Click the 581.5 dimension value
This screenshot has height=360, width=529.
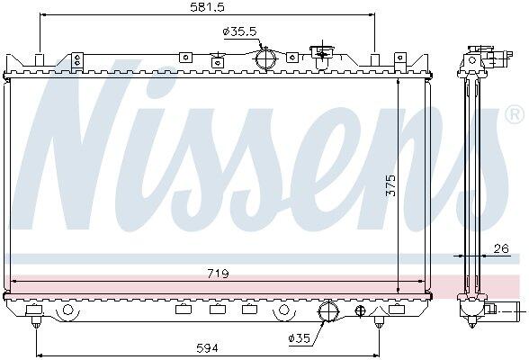tap(207, 7)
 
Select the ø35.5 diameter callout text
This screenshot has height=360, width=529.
tap(240, 31)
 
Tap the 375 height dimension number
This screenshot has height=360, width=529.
tap(390, 184)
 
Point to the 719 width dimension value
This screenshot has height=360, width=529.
tap(218, 274)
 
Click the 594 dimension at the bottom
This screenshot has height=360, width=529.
tap(207, 348)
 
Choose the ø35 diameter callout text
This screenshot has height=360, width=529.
tap(300, 337)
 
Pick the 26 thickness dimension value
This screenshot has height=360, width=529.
tap(501, 248)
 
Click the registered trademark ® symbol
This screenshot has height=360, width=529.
tap(515, 115)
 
